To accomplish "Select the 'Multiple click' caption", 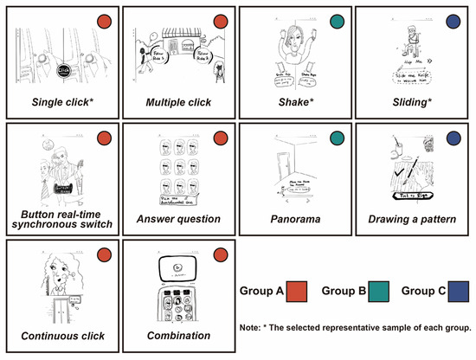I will point(177,103).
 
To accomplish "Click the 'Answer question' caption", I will point(177,220).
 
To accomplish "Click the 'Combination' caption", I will point(177,335).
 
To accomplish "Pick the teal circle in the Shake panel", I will point(338,21).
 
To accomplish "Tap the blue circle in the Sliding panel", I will point(454,21).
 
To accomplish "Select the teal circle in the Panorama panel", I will point(338,138).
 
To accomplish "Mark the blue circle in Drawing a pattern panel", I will point(454,138).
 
